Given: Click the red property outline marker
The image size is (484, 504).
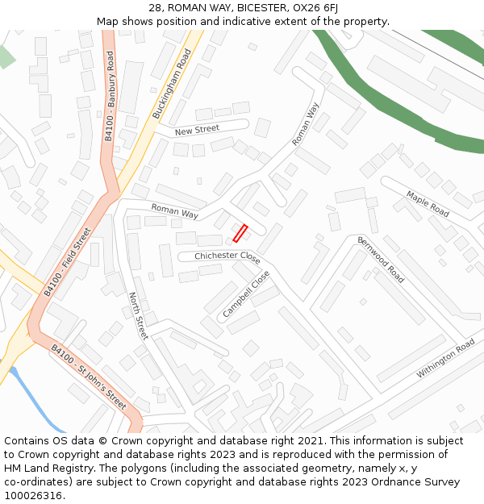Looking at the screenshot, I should tap(240, 233).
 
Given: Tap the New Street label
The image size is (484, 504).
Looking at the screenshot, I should tap(197, 130).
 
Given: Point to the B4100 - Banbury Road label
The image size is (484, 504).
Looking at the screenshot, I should tap(110, 95).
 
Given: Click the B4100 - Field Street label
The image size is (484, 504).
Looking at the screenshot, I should tap(69, 260).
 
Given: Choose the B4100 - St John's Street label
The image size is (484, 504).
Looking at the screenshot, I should tap(89, 376).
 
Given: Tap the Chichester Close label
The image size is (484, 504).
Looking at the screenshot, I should tap(227, 257).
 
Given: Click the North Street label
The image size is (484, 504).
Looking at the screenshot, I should tap(139, 316).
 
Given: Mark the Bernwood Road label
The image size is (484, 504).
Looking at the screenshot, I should tap(381, 258).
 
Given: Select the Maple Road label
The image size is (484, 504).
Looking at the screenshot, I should tap(428, 204).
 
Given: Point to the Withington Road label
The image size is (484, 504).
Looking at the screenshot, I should tap(445, 360).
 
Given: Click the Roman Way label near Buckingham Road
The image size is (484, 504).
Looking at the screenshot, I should tap(174, 211).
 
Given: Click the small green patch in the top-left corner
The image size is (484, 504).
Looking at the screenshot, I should tap(6, 57).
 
